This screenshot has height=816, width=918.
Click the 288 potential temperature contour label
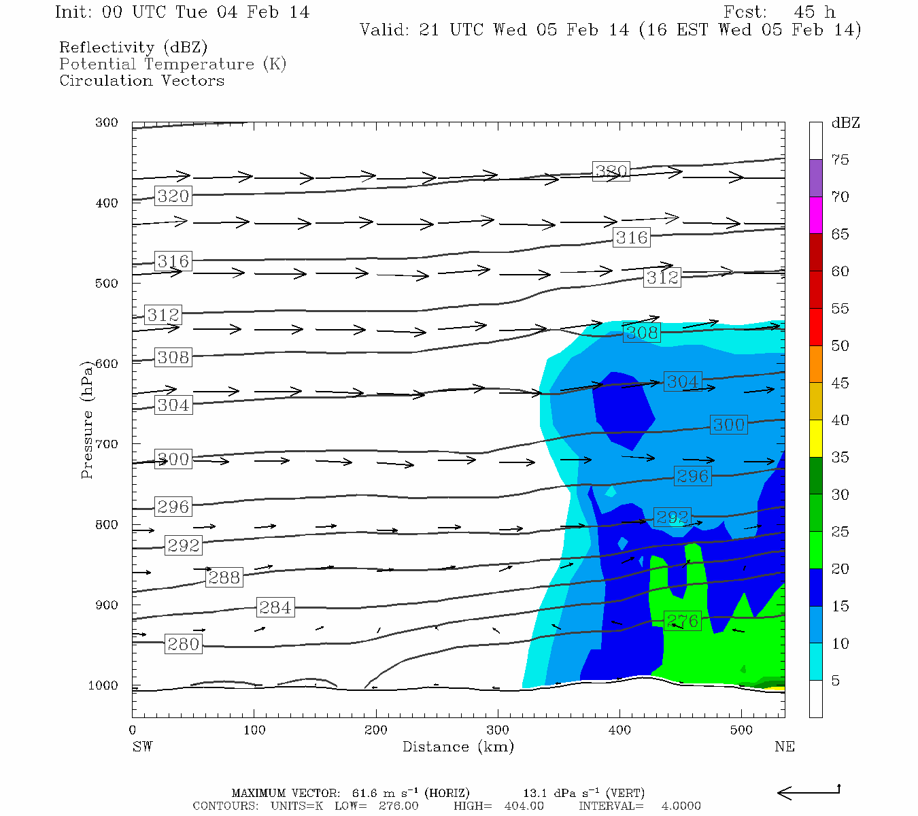224,577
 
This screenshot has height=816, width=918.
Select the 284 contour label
275,607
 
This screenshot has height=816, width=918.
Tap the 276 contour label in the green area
682,621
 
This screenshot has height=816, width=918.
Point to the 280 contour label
183,644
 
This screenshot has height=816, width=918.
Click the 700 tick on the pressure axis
107,444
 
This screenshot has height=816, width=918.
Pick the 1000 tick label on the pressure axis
103,685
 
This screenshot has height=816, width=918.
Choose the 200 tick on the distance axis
376,730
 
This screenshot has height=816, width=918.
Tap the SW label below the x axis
142,747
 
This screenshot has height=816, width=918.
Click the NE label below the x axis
784,747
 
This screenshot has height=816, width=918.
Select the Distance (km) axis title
458,747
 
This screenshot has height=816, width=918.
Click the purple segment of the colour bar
815,178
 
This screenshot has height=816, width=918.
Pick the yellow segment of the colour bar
815,439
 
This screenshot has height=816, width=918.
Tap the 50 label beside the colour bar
840,346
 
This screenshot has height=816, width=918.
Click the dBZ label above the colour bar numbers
845,123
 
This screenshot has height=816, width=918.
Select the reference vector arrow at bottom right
809,792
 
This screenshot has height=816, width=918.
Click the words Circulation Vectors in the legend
141,81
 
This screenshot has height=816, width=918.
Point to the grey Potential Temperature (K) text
173,65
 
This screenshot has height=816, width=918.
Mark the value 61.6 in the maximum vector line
364,794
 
